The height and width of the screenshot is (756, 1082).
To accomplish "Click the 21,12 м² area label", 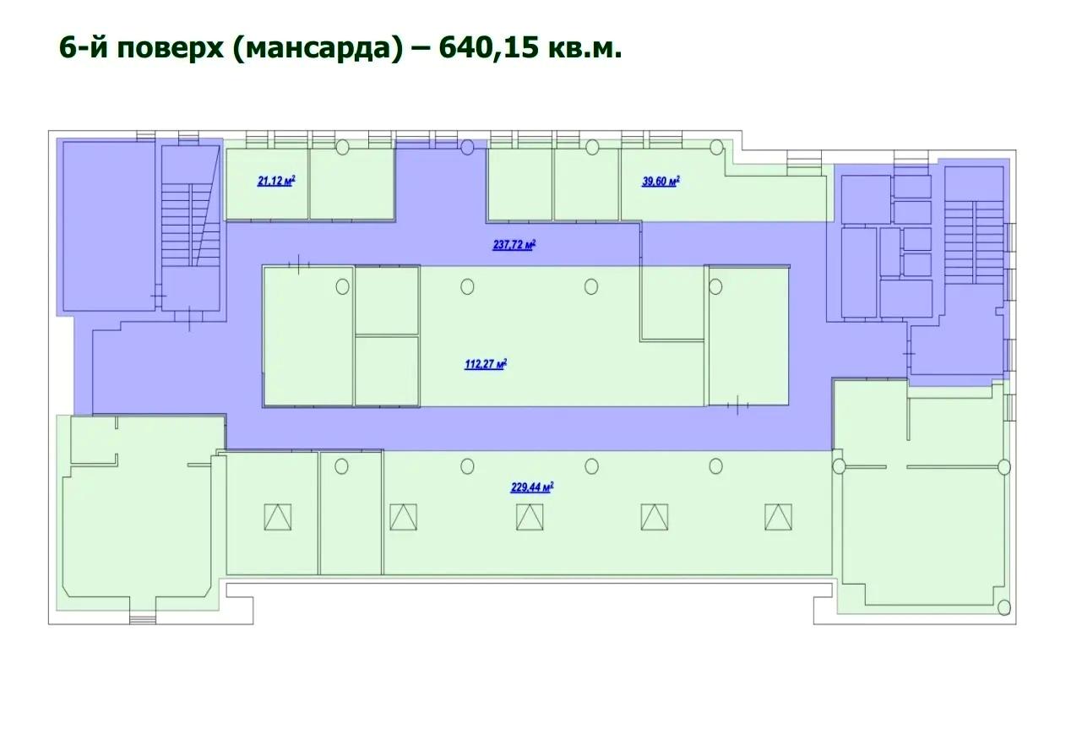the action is pos(276,181).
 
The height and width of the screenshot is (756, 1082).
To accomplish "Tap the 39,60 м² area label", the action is pos(661,181).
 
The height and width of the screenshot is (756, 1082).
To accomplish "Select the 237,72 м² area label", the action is pos(514,245).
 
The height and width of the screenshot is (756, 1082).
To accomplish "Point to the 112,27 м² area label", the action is pos(486,364).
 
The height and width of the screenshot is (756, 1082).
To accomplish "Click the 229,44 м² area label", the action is pos(532,487).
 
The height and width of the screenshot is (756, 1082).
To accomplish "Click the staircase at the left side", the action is pos(191,226).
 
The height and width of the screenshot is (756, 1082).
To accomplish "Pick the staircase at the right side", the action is pos(975,242).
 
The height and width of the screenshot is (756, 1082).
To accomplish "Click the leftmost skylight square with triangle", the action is pos(278,517).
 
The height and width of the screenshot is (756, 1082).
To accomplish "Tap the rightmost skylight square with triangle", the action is pos(778,517).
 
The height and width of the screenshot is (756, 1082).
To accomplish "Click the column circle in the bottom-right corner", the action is pos(1004,607).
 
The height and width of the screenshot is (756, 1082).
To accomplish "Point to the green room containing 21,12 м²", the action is pos(267,183).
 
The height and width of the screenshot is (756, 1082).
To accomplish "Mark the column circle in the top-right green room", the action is pos(717,147).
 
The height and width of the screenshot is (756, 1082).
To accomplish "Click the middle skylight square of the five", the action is pos(530,517).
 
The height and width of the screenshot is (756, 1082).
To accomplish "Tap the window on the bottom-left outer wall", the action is pos(143,619).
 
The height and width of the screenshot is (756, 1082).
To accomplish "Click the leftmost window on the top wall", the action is pos(145,136).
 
